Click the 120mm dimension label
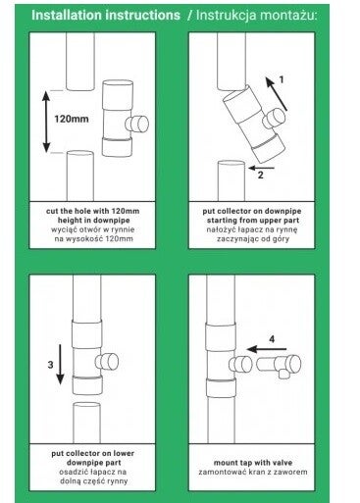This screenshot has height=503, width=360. pos(72,119)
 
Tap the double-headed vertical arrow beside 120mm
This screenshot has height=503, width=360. pos(46,122)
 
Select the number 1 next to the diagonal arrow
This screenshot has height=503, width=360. pos(281,79)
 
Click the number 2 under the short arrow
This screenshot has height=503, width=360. pos(260,176)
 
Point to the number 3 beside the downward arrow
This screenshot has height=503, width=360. pos(50,365)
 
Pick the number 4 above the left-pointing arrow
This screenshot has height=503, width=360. pos(272,339)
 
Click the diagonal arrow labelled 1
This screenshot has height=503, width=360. pos(277,94)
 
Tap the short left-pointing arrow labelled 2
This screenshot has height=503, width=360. pos(261,168)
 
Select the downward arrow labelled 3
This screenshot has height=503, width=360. pos(60,364)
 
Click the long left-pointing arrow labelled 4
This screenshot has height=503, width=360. pos(267,349)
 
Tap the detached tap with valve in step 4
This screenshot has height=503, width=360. pos(279,366)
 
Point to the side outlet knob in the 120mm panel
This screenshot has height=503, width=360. pos(137,124)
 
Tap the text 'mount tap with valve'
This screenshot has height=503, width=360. pos(253,463)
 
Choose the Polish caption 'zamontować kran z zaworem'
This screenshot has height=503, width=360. pos(253,472)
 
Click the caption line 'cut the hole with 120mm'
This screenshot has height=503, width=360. pos(93,211)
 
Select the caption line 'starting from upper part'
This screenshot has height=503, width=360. pos(253,221)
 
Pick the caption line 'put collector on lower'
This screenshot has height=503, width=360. pos(93,453)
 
